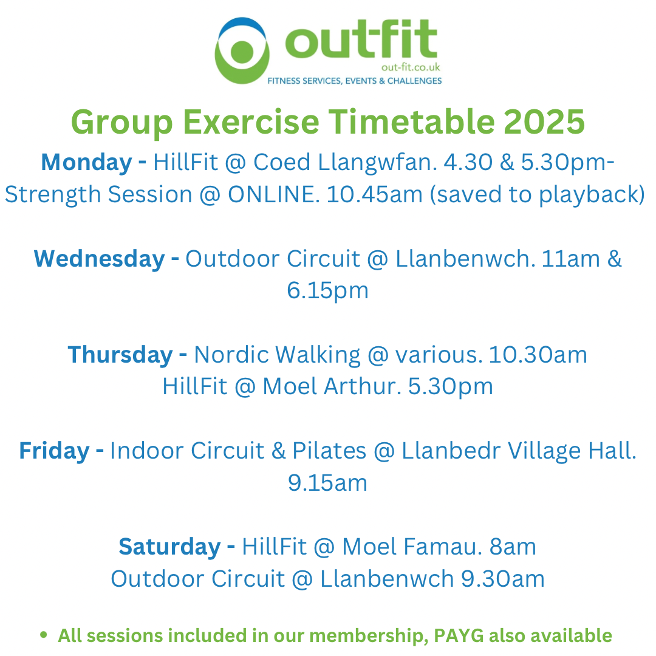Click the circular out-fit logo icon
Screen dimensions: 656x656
(x=242, y=50)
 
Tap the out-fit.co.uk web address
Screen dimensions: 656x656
(x=411, y=67)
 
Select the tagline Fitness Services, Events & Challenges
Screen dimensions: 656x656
(x=354, y=81)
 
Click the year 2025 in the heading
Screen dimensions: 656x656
(x=544, y=121)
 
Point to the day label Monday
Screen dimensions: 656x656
(x=87, y=162)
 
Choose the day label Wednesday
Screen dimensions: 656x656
(x=100, y=259)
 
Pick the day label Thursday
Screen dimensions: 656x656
(x=120, y=355)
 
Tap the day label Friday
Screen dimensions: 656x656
(x=55, y=451)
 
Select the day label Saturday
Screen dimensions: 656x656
(x=170, y=547)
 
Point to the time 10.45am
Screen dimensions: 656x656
(x=374, y=194)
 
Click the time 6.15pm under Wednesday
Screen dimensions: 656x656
(x=327, y=290)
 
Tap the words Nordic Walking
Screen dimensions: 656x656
(x=277, y=355)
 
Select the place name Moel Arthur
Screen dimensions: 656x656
(x=332, y=386)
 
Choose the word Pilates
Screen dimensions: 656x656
(x=329, y=451)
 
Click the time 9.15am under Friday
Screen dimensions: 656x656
(x=327, y=483)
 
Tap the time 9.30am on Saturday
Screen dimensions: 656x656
(x=503, y=579)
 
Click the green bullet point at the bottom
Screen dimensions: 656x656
(x=44, y=635)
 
